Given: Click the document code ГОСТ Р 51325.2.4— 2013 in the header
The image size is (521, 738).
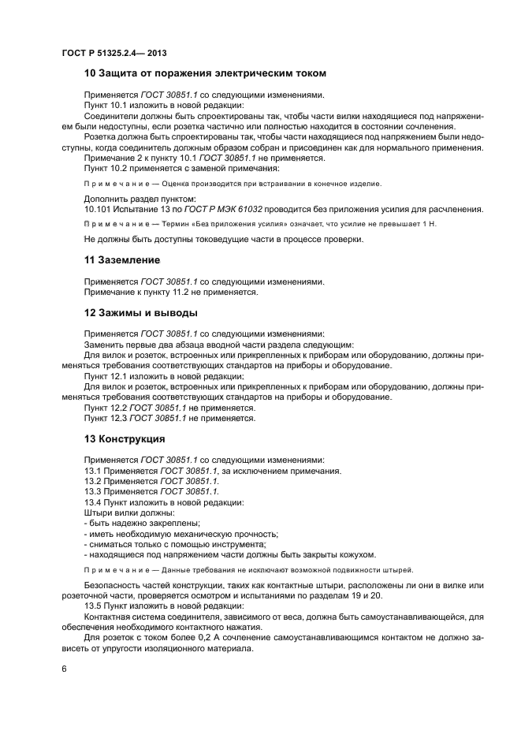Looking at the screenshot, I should coord(115,51).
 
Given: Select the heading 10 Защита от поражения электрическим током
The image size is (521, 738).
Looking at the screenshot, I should coord(205,74).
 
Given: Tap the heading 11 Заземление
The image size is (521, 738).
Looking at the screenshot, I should coord(122,259).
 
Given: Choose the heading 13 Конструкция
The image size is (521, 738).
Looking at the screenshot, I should coord(125,438).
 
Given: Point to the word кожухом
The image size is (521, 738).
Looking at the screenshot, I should coord(357,553).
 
